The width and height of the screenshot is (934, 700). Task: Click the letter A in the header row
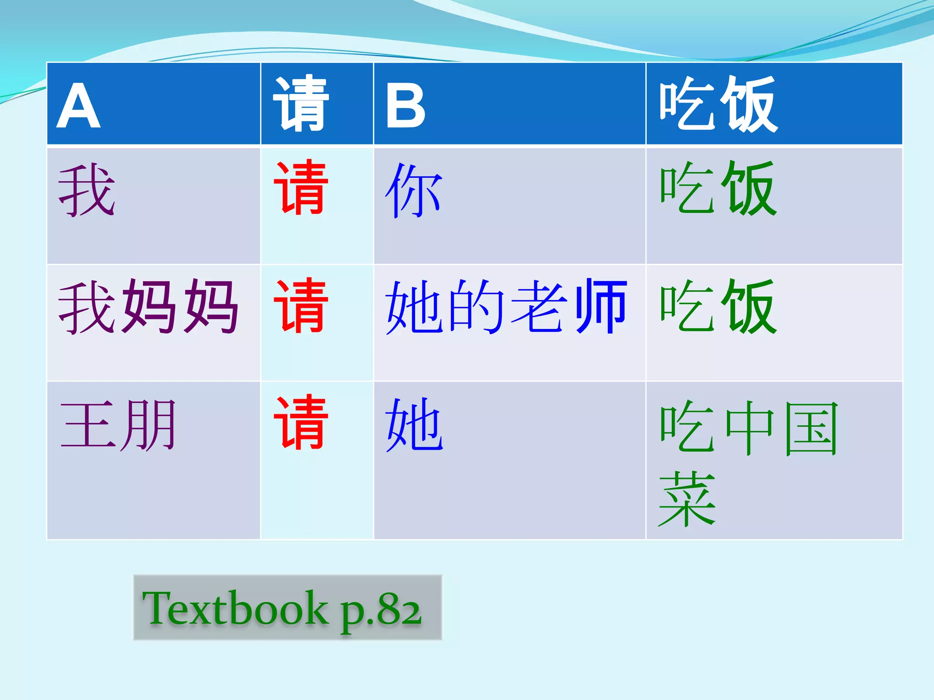(x=78, y=106)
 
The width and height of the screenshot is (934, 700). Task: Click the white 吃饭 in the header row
(x=718, y=104)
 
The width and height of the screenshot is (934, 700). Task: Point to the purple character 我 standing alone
(x=87, y=190)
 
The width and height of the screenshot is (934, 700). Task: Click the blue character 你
(x=414, y=191)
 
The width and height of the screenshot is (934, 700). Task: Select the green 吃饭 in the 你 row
(x=718, y=188)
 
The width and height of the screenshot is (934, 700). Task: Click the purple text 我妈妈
(x=148, y=307)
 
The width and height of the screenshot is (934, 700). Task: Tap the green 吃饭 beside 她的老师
(x=718, y=307)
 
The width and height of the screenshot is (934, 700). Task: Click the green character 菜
(x=687, y=499)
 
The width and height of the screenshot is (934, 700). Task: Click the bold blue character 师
(x=601, y=306)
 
